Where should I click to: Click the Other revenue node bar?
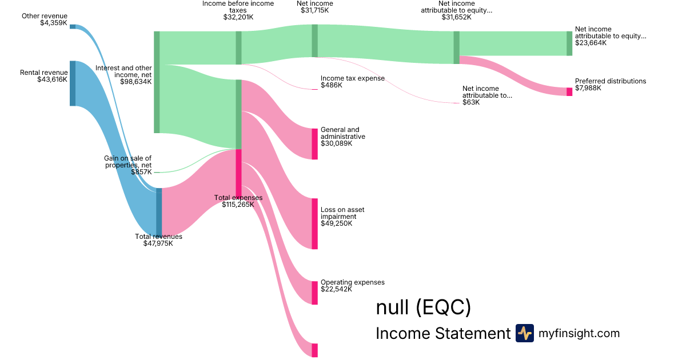click(73, 26)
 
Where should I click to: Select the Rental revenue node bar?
click(73, 83)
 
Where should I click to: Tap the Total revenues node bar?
click(159, 211)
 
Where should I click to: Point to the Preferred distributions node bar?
click(569, 91)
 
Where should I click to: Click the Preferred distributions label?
click(611, 81)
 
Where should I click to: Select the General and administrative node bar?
click(314, 144)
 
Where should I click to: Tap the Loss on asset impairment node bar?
click(314, 223)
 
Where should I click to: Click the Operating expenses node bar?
click(314, 293)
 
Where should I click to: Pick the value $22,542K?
click(336, 289)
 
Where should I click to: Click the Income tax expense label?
click(352, 78)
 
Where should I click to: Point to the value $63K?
click(471, 102)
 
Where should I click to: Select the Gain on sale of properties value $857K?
click(141, 171)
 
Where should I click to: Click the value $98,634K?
click(135, 82)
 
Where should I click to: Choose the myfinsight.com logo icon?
click(524, 333)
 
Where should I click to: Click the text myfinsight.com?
click(579, 333)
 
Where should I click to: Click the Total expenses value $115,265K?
click(238, 205)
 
